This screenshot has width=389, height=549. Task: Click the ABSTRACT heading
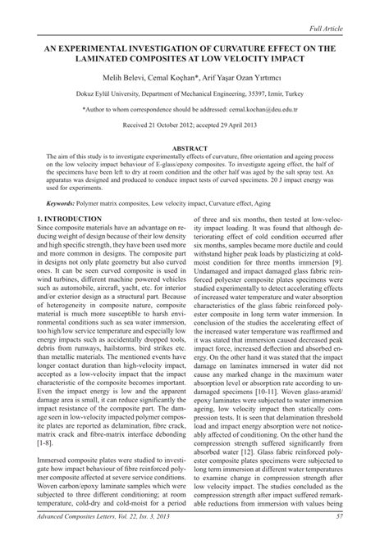coord(194,149)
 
